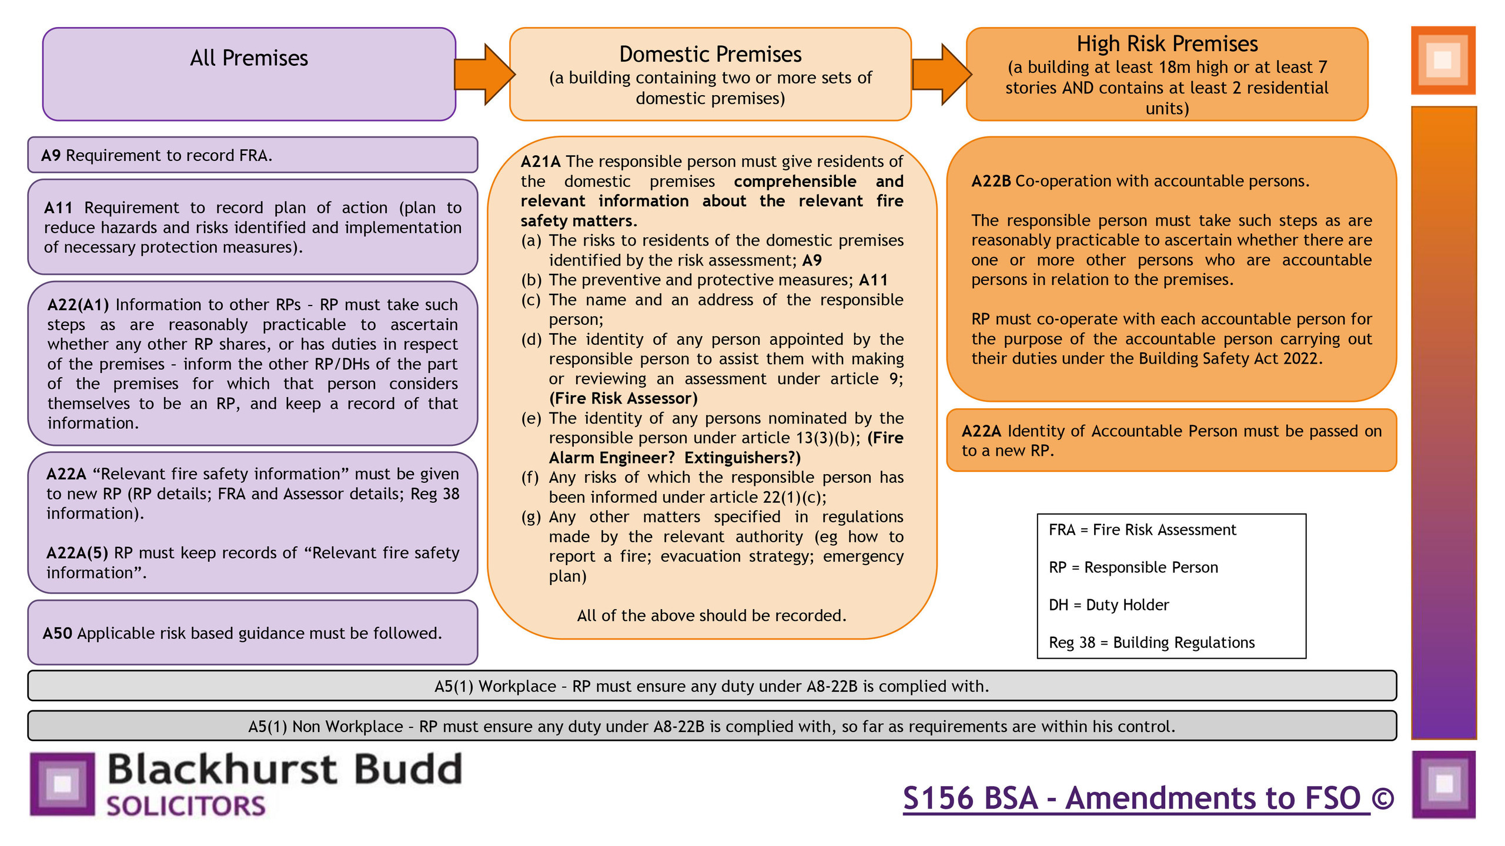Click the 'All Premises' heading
point(249,58)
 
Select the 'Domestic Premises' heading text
point(710,55)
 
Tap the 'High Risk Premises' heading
point(1167,44)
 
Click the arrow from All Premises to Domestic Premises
point(484,75)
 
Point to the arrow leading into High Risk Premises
point(941,75)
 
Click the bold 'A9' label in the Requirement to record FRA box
point(51,156)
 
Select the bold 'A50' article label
point(57,633)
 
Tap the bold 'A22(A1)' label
point(78,305)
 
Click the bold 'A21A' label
point(540,162)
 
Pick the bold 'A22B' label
point(991,182)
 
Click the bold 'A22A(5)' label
point(77,553)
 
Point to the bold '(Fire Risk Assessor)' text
point(623,399)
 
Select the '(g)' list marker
point(530,517)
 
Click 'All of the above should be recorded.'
point(711,616)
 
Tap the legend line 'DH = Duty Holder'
point(1109,605)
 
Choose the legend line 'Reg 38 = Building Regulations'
point(1151,643)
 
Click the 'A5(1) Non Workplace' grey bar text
point(711,727)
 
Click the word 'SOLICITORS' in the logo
point(186,806)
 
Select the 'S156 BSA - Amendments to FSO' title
point(1136,798)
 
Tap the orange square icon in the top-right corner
point(1443,60)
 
